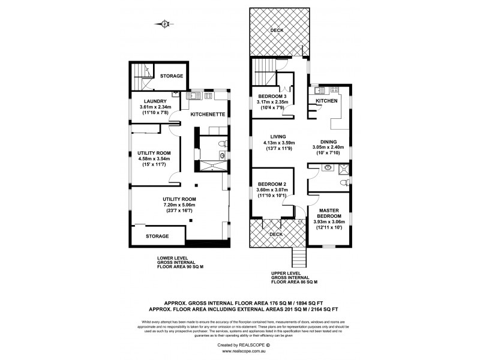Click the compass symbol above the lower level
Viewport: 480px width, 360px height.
pyautogui.click(x=165, y=24)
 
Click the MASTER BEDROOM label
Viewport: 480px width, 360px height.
pyautogui.click(x=330, y=212)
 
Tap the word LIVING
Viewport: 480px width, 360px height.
pyautogui.click(x=278, y=136)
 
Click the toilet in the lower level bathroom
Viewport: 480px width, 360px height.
pyautogui.click(x=221, y=143)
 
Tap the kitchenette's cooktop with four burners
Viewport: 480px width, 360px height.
pyautogui.click(x=209, y=95)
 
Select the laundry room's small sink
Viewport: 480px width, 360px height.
pyautogui.click(x=175, y=94)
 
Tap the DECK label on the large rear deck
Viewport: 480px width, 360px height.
pyautogui.click(x=277, y=30)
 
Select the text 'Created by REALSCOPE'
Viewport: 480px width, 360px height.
pyautogui.click(x=239, y=344)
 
